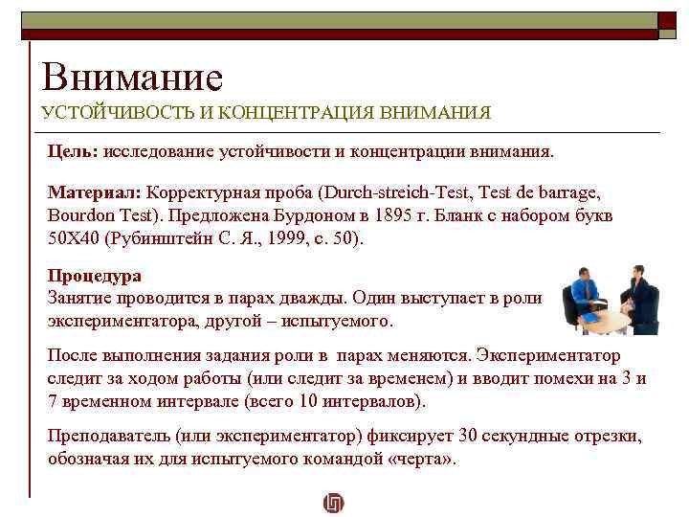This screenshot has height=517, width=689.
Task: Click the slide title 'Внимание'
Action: (132, 77)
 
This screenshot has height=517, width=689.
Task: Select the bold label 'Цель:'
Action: (74, 151)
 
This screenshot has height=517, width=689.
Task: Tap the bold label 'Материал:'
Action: (95, 191)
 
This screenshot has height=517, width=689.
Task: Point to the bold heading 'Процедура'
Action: (94, 276)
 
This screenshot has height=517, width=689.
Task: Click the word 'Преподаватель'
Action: (108, 437)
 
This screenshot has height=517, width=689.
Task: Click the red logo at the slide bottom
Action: (334, 503)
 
